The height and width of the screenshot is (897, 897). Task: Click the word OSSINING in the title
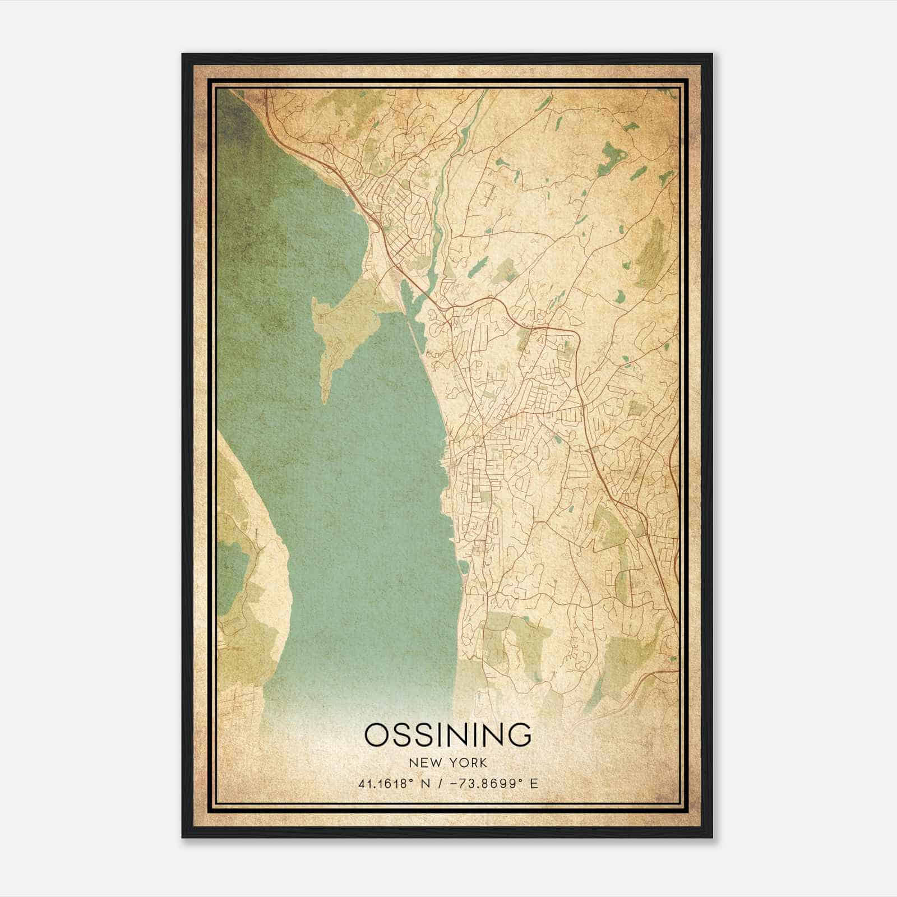pos(447,735)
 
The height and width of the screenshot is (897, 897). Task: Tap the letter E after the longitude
pos(534,784)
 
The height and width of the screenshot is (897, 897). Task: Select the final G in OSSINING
pos(519,735)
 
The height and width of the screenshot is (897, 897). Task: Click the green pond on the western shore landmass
pos(230,577)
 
